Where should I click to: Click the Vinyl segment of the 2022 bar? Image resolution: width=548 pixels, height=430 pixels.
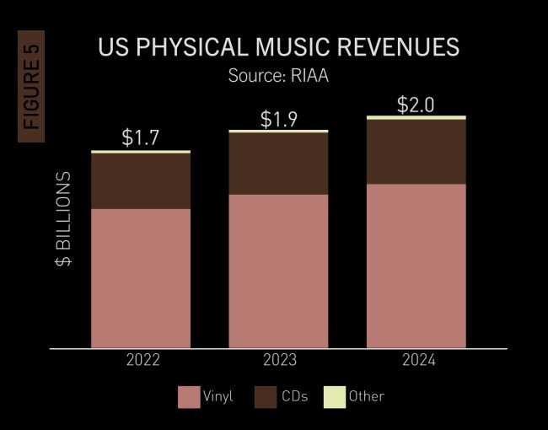[140, 278]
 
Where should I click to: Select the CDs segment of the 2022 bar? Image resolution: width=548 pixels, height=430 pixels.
[140, 181]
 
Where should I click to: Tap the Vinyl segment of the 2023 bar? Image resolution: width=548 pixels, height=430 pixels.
[278, 271]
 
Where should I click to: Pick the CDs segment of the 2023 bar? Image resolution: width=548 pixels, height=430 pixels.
[278, 164]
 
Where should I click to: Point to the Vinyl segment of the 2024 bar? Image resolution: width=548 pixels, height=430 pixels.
[416, 266]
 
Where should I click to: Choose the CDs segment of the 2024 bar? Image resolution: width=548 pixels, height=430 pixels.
[416, 152]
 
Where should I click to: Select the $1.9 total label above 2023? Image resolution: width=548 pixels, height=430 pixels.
[278, 119]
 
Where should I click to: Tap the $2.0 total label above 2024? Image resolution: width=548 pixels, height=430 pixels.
[416, 104]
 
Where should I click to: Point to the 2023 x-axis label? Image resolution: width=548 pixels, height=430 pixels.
[278, 361]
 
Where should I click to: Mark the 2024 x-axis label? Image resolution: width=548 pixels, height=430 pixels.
[416, 361]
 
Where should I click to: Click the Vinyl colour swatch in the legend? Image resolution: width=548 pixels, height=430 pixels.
[188, 396]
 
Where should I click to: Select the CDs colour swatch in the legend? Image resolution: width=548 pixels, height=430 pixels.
[266, 396]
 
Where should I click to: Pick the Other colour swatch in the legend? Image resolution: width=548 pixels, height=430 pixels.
[335, 396]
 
